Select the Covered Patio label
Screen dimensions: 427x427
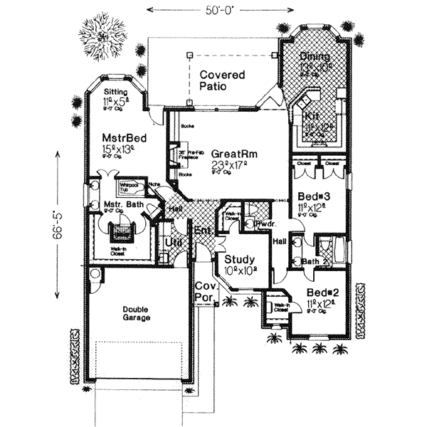(x=222, y=80)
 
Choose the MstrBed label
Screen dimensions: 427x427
(x=123, y=137)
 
